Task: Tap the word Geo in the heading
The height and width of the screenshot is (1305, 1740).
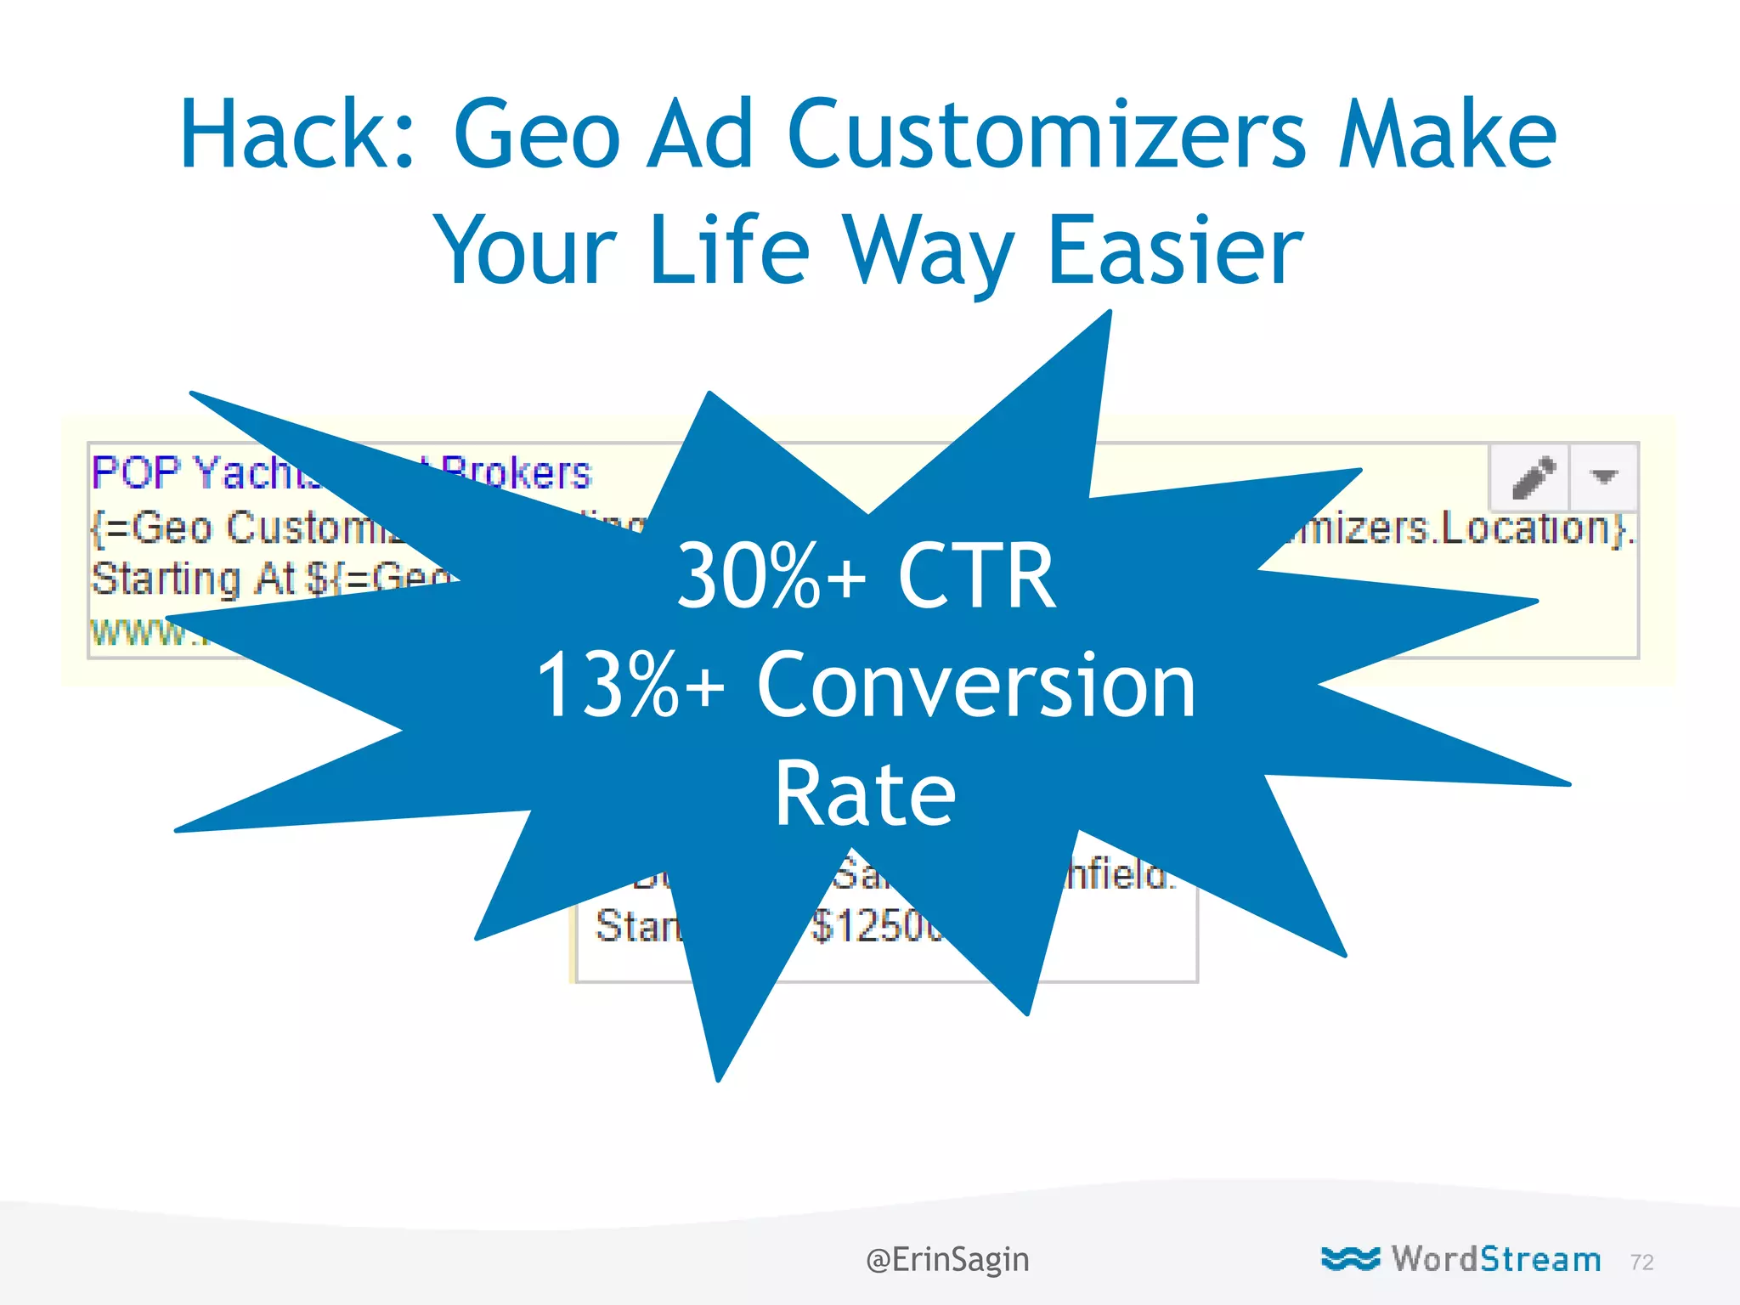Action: coord(537,134)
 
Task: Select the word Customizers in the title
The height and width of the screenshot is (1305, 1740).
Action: coord(1046,134)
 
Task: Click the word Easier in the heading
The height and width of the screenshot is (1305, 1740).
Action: coord(1175,250)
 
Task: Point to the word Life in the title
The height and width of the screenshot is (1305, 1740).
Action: coord(729,250)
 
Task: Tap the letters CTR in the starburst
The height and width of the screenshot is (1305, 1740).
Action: coord(976,577)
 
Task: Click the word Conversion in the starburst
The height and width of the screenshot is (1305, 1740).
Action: coord(976,685)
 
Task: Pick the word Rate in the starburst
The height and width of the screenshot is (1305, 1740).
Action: coord(865,794)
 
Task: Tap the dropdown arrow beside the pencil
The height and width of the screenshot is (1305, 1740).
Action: coord(1603,477)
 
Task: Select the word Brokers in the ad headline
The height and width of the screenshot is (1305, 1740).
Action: coord(517,472)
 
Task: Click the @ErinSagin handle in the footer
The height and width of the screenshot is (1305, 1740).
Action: coord(947,1259)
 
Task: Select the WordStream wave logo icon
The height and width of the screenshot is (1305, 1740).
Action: coord(1350,1258)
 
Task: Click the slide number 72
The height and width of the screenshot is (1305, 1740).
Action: coord(1641,1263)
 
